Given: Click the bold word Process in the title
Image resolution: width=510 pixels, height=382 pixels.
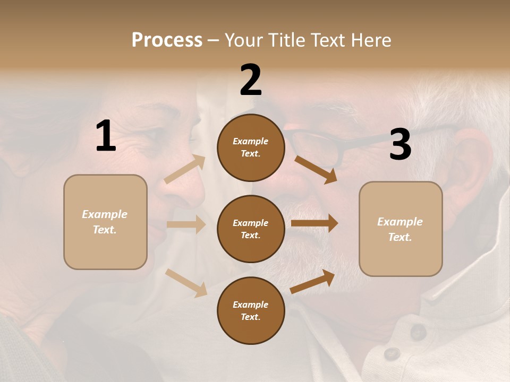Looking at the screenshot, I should (167, 40).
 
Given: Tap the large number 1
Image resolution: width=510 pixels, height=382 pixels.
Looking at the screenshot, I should (106, 136).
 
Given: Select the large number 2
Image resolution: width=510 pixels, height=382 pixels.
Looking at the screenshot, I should (251, 80).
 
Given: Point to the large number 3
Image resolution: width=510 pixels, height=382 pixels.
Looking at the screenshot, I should (400, 144).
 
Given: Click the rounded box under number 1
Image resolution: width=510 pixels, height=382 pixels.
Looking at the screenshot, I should (105, 222).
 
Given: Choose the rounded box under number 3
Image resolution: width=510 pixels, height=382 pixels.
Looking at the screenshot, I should (401, 229).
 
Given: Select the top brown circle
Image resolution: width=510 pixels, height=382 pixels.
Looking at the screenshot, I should (251, 147).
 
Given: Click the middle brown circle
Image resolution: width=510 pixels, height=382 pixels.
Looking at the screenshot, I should (251, 229).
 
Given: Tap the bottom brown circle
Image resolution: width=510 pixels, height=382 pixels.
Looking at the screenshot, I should (251, 311).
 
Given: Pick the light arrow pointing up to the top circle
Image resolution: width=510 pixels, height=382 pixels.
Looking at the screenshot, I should (185, 169).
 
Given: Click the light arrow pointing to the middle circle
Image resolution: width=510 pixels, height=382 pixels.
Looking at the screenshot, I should (186, 224).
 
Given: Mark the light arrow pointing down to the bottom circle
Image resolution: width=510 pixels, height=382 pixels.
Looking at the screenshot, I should (186, 283).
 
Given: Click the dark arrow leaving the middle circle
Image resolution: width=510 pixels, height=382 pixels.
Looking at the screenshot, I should (314, 223).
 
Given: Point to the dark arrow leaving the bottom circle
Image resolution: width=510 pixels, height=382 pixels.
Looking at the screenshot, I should (312, 282).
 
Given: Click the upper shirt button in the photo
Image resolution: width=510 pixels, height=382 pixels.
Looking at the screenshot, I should (418, 332).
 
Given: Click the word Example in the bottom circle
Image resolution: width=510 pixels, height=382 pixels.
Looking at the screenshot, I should (251, 305).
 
